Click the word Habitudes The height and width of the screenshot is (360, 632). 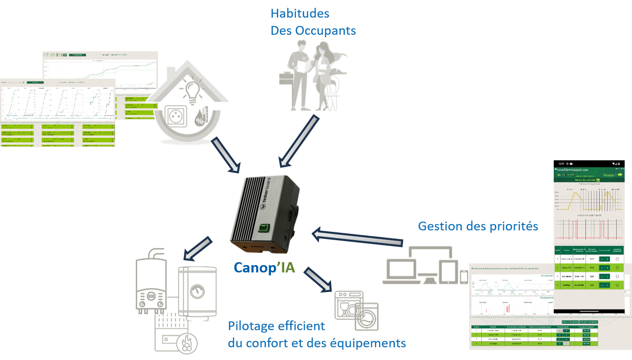(x=300, y=13)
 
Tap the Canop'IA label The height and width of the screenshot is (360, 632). (x=264, y=268)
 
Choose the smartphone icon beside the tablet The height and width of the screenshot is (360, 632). (x=463, y=277)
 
